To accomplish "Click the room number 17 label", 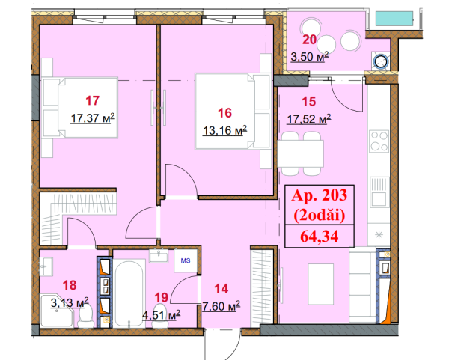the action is click(93, 100).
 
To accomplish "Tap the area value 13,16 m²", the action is click(224, 130).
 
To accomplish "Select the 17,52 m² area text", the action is click(309, 119).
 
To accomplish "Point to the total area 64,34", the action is click(320, 237).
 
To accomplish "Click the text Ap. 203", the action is click(320, 195).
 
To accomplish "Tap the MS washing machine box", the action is click(186, 260).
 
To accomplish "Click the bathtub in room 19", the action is click(129, 293).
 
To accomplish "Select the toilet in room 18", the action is click(86, 316).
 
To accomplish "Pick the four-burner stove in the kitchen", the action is click(379, 141).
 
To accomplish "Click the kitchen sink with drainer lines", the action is click(379, 192).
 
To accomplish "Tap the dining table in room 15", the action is click(300, 153).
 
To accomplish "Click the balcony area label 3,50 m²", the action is click(310, 57).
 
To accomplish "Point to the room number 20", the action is click(310, 40).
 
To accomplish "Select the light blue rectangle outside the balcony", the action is click(394, 19).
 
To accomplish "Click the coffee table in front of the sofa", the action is click(321, 284).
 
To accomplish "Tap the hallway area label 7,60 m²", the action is click(221, 306).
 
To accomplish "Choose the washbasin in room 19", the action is click(159, 256).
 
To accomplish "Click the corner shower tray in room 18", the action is click(57, 311).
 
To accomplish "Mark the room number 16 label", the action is click(224, 113).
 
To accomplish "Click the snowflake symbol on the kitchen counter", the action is click(379, 235).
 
